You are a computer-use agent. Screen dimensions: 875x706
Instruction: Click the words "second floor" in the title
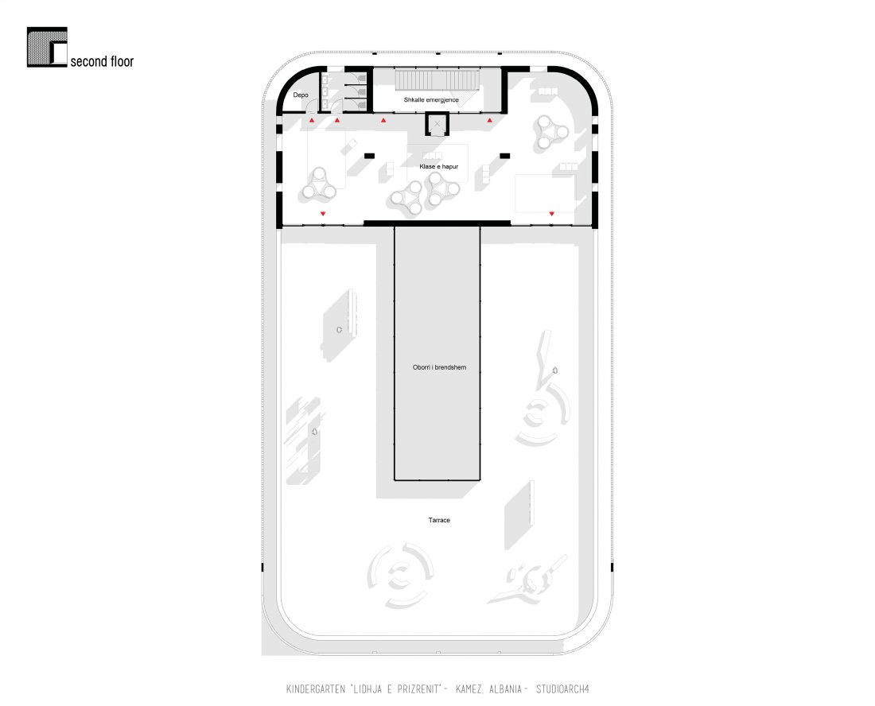pos(102,61)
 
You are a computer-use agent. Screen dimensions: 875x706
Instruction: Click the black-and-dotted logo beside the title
pos(47,48)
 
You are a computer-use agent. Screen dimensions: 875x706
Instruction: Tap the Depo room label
pos(301,95)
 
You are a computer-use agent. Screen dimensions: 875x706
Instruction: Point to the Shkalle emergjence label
pos(431,100)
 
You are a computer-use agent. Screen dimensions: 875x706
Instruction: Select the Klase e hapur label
pos(439,166)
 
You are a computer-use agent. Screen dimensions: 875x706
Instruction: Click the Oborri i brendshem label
pos(439,367)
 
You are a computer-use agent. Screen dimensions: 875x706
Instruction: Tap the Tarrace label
pos(439,520)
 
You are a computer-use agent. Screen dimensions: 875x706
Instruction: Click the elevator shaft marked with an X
pos(437,124)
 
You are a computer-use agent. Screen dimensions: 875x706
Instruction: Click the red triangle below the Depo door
pos(312,120)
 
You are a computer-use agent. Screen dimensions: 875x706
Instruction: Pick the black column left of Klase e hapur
pos(369,156)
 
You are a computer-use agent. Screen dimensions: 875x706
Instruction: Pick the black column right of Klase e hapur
pos(505,156)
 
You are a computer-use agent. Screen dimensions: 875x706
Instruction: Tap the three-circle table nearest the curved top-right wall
pos(550,133)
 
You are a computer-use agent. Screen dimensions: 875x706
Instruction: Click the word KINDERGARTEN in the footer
pos(317,689)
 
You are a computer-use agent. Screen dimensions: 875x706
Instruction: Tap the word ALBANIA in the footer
pos(506,689)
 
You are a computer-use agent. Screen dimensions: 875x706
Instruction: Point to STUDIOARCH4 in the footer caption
pos(562,689)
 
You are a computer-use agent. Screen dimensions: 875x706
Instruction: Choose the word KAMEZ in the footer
pos(469,689)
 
